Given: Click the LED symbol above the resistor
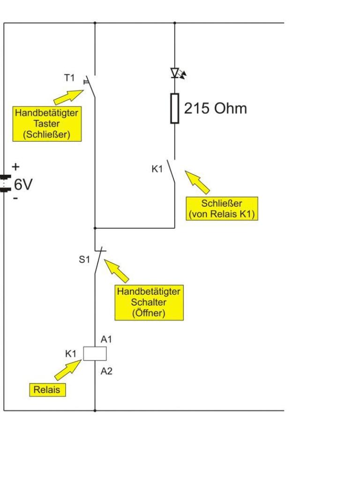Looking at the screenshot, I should coord(176,73).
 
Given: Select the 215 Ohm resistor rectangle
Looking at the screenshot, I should coord(175,108).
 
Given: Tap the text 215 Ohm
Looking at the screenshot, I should coord(215,109).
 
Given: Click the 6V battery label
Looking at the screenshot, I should coord(22,185).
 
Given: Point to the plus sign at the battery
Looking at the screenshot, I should coord(15,166).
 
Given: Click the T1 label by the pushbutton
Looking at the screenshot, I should coord(69,78).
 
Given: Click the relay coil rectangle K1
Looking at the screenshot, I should coord(95,353).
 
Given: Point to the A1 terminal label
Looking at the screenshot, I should coord(106,339).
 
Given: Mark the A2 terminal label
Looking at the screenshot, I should coord(106,371).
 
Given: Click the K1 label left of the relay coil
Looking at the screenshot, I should coord(70,354).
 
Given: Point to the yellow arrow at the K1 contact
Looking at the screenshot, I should coord(197,182).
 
